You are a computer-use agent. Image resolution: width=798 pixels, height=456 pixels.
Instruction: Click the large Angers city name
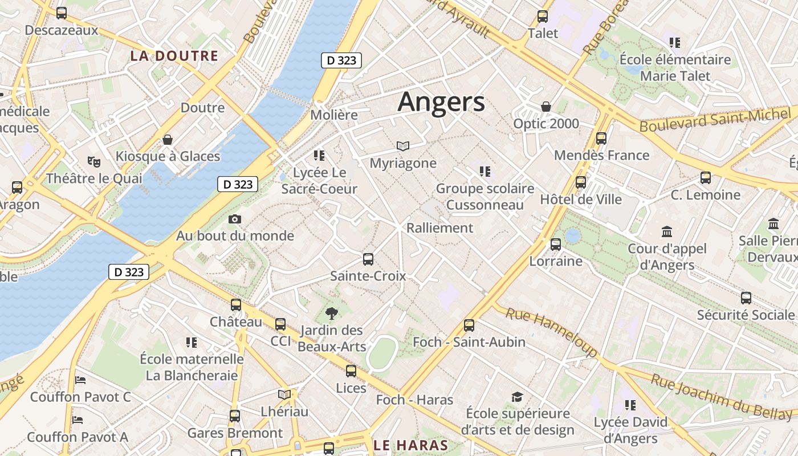point(441,102)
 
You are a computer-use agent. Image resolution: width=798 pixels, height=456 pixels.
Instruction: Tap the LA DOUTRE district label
point(174,56)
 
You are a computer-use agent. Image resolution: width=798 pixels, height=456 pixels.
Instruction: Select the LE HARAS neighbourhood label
point(410,445)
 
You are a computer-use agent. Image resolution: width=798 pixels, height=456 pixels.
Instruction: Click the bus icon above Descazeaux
point(62,13)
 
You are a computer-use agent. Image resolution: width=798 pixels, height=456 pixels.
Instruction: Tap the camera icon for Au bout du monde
point(234,219)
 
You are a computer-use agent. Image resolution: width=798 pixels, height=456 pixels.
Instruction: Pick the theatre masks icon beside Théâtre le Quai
point(94,162)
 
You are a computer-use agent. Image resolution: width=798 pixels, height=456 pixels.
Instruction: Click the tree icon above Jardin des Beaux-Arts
point(331,313)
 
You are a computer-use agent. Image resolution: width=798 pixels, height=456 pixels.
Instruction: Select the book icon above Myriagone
point(403,146)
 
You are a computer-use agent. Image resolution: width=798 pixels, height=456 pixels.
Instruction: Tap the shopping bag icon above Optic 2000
point(546,107)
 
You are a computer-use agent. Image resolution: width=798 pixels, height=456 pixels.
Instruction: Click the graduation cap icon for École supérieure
point(517,397)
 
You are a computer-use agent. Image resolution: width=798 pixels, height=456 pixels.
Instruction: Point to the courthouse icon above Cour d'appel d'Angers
point(667,232)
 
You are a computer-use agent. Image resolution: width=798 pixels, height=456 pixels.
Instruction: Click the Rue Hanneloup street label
point(551,332)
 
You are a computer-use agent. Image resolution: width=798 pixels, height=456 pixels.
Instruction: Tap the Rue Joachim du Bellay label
point(722,397)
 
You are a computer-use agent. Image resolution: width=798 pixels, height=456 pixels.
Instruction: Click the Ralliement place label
point(439,228)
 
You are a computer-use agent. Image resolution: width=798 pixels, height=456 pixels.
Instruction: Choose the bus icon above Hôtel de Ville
point(581,182)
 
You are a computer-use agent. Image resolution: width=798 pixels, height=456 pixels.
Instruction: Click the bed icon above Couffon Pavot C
point(80,380)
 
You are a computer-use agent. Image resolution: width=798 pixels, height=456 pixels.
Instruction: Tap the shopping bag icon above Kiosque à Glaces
point(168,140)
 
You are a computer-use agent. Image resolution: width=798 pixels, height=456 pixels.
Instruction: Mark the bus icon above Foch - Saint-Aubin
point(469,325)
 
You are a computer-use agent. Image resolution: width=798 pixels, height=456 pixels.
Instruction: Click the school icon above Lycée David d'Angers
point(630,405)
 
